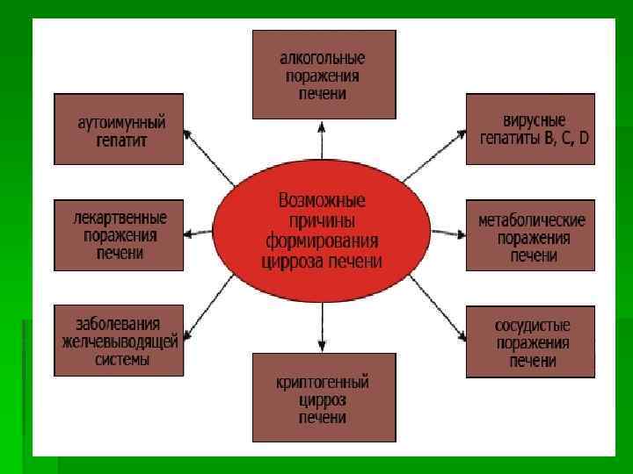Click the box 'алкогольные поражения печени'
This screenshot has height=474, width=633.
tap(324, 75)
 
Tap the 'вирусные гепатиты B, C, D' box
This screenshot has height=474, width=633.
tap(530, 128)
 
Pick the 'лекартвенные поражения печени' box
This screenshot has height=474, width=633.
tap(119, 234)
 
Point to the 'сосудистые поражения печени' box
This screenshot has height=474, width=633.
tap(530, 341)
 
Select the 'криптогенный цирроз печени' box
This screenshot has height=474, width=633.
tap(324, 396)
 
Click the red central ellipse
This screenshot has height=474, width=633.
tap(324, 232)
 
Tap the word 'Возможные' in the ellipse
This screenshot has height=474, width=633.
tap(322, 199)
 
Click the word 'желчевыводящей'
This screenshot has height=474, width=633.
tap(119, 341)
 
